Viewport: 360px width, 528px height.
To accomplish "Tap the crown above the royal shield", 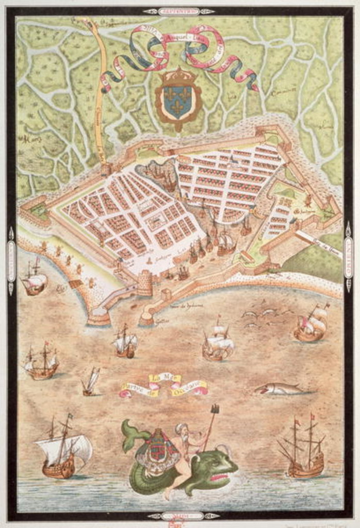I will pos(178,77).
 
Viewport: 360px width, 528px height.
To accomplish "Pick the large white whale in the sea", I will pos(279,389).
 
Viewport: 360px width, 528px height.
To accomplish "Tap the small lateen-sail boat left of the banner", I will pos(90,382).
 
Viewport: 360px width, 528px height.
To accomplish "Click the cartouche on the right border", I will pos(349,257).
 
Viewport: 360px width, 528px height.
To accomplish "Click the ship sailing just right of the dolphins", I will pos(311,323).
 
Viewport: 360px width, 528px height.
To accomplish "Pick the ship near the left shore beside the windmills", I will pos(34,279).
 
